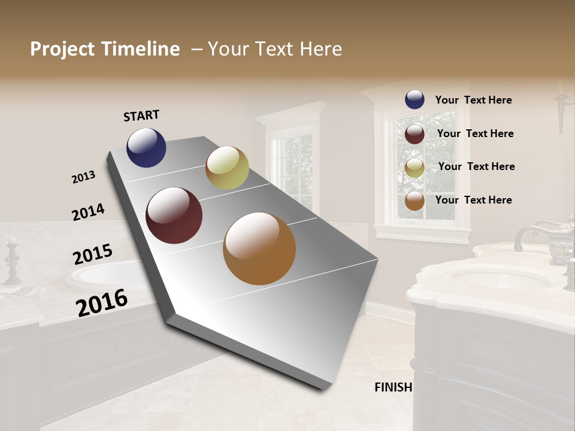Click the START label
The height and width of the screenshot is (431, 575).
pyautogui.click(x=141, y=116)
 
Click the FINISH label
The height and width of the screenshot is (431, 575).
pyautogui.click(x=393, y=387)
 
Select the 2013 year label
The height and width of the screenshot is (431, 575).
pyautogui.click(x=83, y=177)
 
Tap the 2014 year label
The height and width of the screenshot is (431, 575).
pyautogui.click(x=88, y=213)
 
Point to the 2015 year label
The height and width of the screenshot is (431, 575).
pyautogui.click(x=93, y=254)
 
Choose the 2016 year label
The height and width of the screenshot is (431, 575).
pyautogui.click(x=102, y=303)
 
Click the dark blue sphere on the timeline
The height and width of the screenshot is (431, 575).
pyautogui.click(x=146, y=147)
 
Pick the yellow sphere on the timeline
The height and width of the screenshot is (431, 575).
pyautogui.click(x=227, y=168)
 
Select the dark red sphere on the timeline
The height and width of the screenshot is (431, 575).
pyautogui.click(x=174, y=215)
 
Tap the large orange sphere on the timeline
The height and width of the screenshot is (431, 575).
pyautogui.click(x=259, y=248)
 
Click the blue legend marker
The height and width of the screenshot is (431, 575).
pyautogui.click(x=414, y=100)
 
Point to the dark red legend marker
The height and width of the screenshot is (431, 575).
pyautogui.click(x=414, y=134)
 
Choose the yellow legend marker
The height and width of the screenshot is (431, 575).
pyautogui.click(x=414, y=168)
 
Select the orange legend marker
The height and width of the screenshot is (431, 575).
pyautogui.click(x=414, y=201)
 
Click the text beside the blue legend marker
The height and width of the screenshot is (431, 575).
pyautogui.click(x=473, y=101)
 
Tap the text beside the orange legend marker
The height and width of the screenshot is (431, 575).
pyautogui.click(x=473, y=200)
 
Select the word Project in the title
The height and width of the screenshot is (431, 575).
pyautogui.click(x=62, y=49)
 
